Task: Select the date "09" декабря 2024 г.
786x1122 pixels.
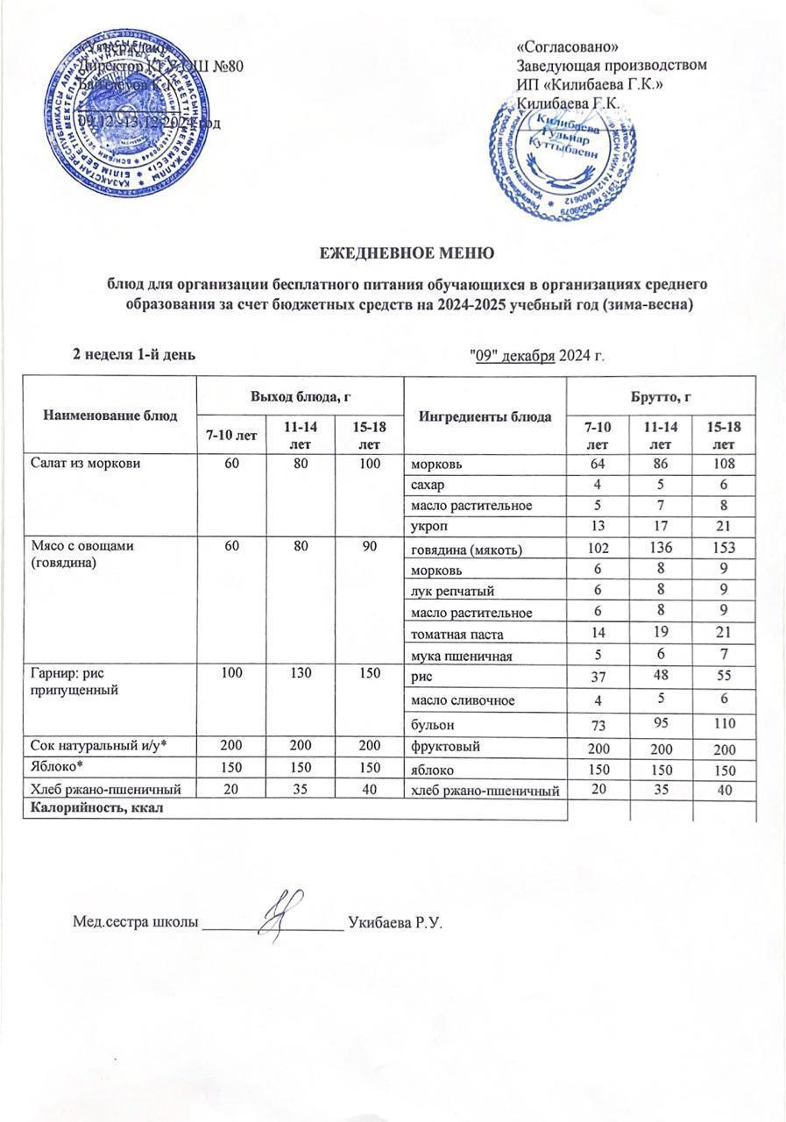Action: pos(538,355)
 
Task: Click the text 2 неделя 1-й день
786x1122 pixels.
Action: pos(133,354)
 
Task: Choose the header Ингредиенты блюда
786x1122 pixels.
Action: pos(486,415)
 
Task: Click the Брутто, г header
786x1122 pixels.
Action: pos(662,397)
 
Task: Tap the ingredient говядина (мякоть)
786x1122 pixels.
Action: pos(467,550)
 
